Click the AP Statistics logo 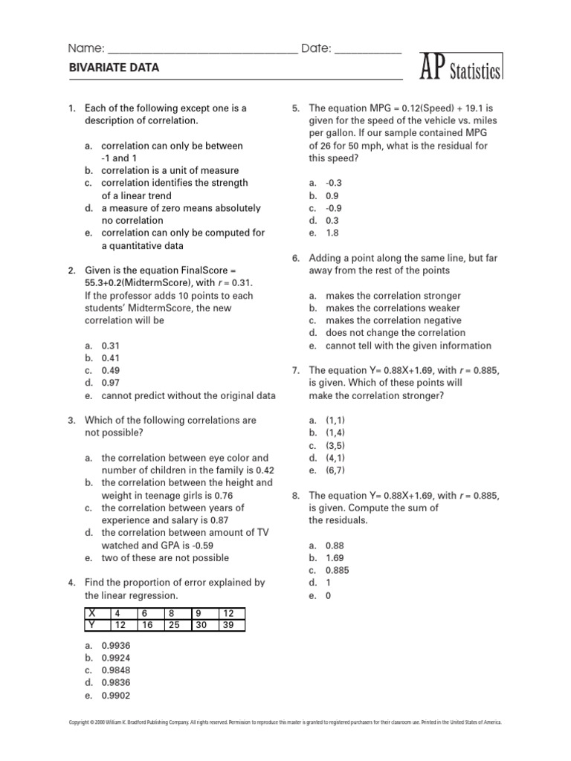462,68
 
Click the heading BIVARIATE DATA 114,68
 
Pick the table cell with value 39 231,625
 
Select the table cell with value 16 150,625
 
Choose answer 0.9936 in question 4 115,646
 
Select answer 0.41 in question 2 111,358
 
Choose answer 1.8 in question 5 332,233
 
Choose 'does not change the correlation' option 395,333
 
